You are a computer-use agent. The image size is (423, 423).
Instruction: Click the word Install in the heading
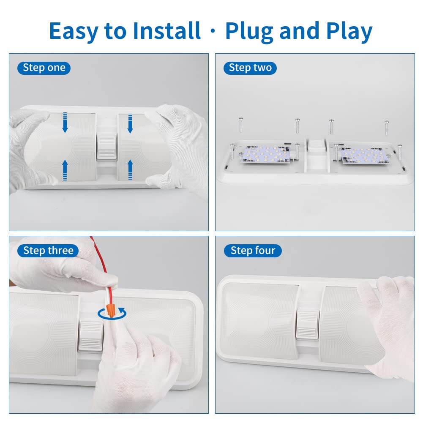pos(167,31)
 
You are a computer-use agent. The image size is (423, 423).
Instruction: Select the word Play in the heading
pos(349,32)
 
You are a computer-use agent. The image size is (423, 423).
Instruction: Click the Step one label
pos(44,68)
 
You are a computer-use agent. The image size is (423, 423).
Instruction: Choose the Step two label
pos(250,68)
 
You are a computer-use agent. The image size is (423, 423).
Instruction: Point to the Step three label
pos(48,251)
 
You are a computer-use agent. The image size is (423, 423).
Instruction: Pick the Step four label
pos(253,251)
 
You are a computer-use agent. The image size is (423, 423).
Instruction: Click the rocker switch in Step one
pos(107,147)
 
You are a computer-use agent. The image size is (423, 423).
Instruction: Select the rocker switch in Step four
pos(308,325)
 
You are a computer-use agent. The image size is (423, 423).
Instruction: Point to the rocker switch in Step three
pos(90,336)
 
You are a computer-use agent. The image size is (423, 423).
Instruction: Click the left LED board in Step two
pos(266,155)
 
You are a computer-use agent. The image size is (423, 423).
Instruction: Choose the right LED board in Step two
pos(366,156)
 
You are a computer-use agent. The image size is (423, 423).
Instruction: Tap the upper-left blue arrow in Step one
pos(65,123)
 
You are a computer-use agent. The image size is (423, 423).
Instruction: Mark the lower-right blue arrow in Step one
pos(130,170)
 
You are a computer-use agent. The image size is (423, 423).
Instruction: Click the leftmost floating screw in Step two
pos(240,125)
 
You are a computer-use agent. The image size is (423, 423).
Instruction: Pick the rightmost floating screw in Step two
pos(387,128)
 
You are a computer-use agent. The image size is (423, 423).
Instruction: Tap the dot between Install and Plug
pos(213,31)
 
